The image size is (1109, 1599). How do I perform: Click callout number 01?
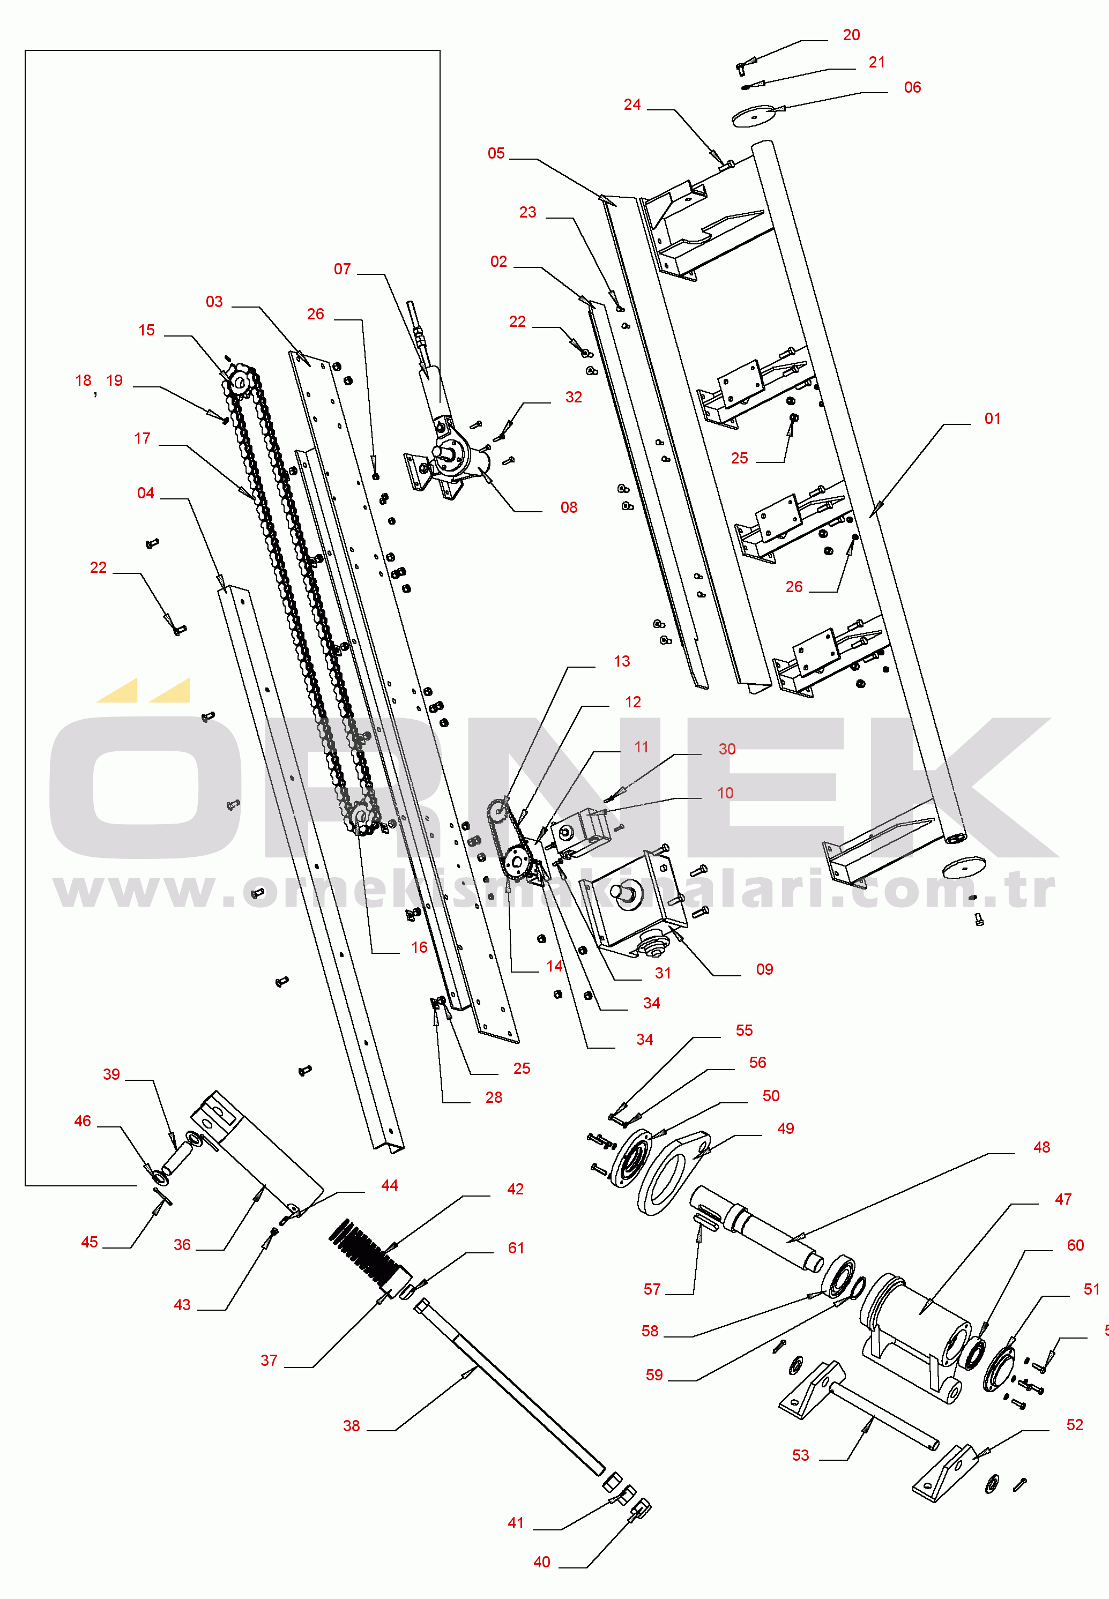[x=992, y=419]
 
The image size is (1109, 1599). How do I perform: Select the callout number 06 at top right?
[x=912, y=87]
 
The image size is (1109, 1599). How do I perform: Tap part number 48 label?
[x=1041, y=1147]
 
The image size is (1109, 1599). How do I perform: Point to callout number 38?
[x=351, y=1426]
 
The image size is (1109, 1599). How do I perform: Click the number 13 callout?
[x=621, y=661]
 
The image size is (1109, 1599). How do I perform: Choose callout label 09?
[x=764, y=970]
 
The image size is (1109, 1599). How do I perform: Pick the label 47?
[x=1062, y=1200]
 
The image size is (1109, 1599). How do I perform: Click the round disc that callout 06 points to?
[x=754, y=116]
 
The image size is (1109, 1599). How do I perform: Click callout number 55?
[x=743, y=1031]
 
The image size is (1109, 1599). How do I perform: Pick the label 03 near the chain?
[x=214, y=302]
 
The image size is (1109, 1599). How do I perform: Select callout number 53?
[x=800, y=1456]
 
